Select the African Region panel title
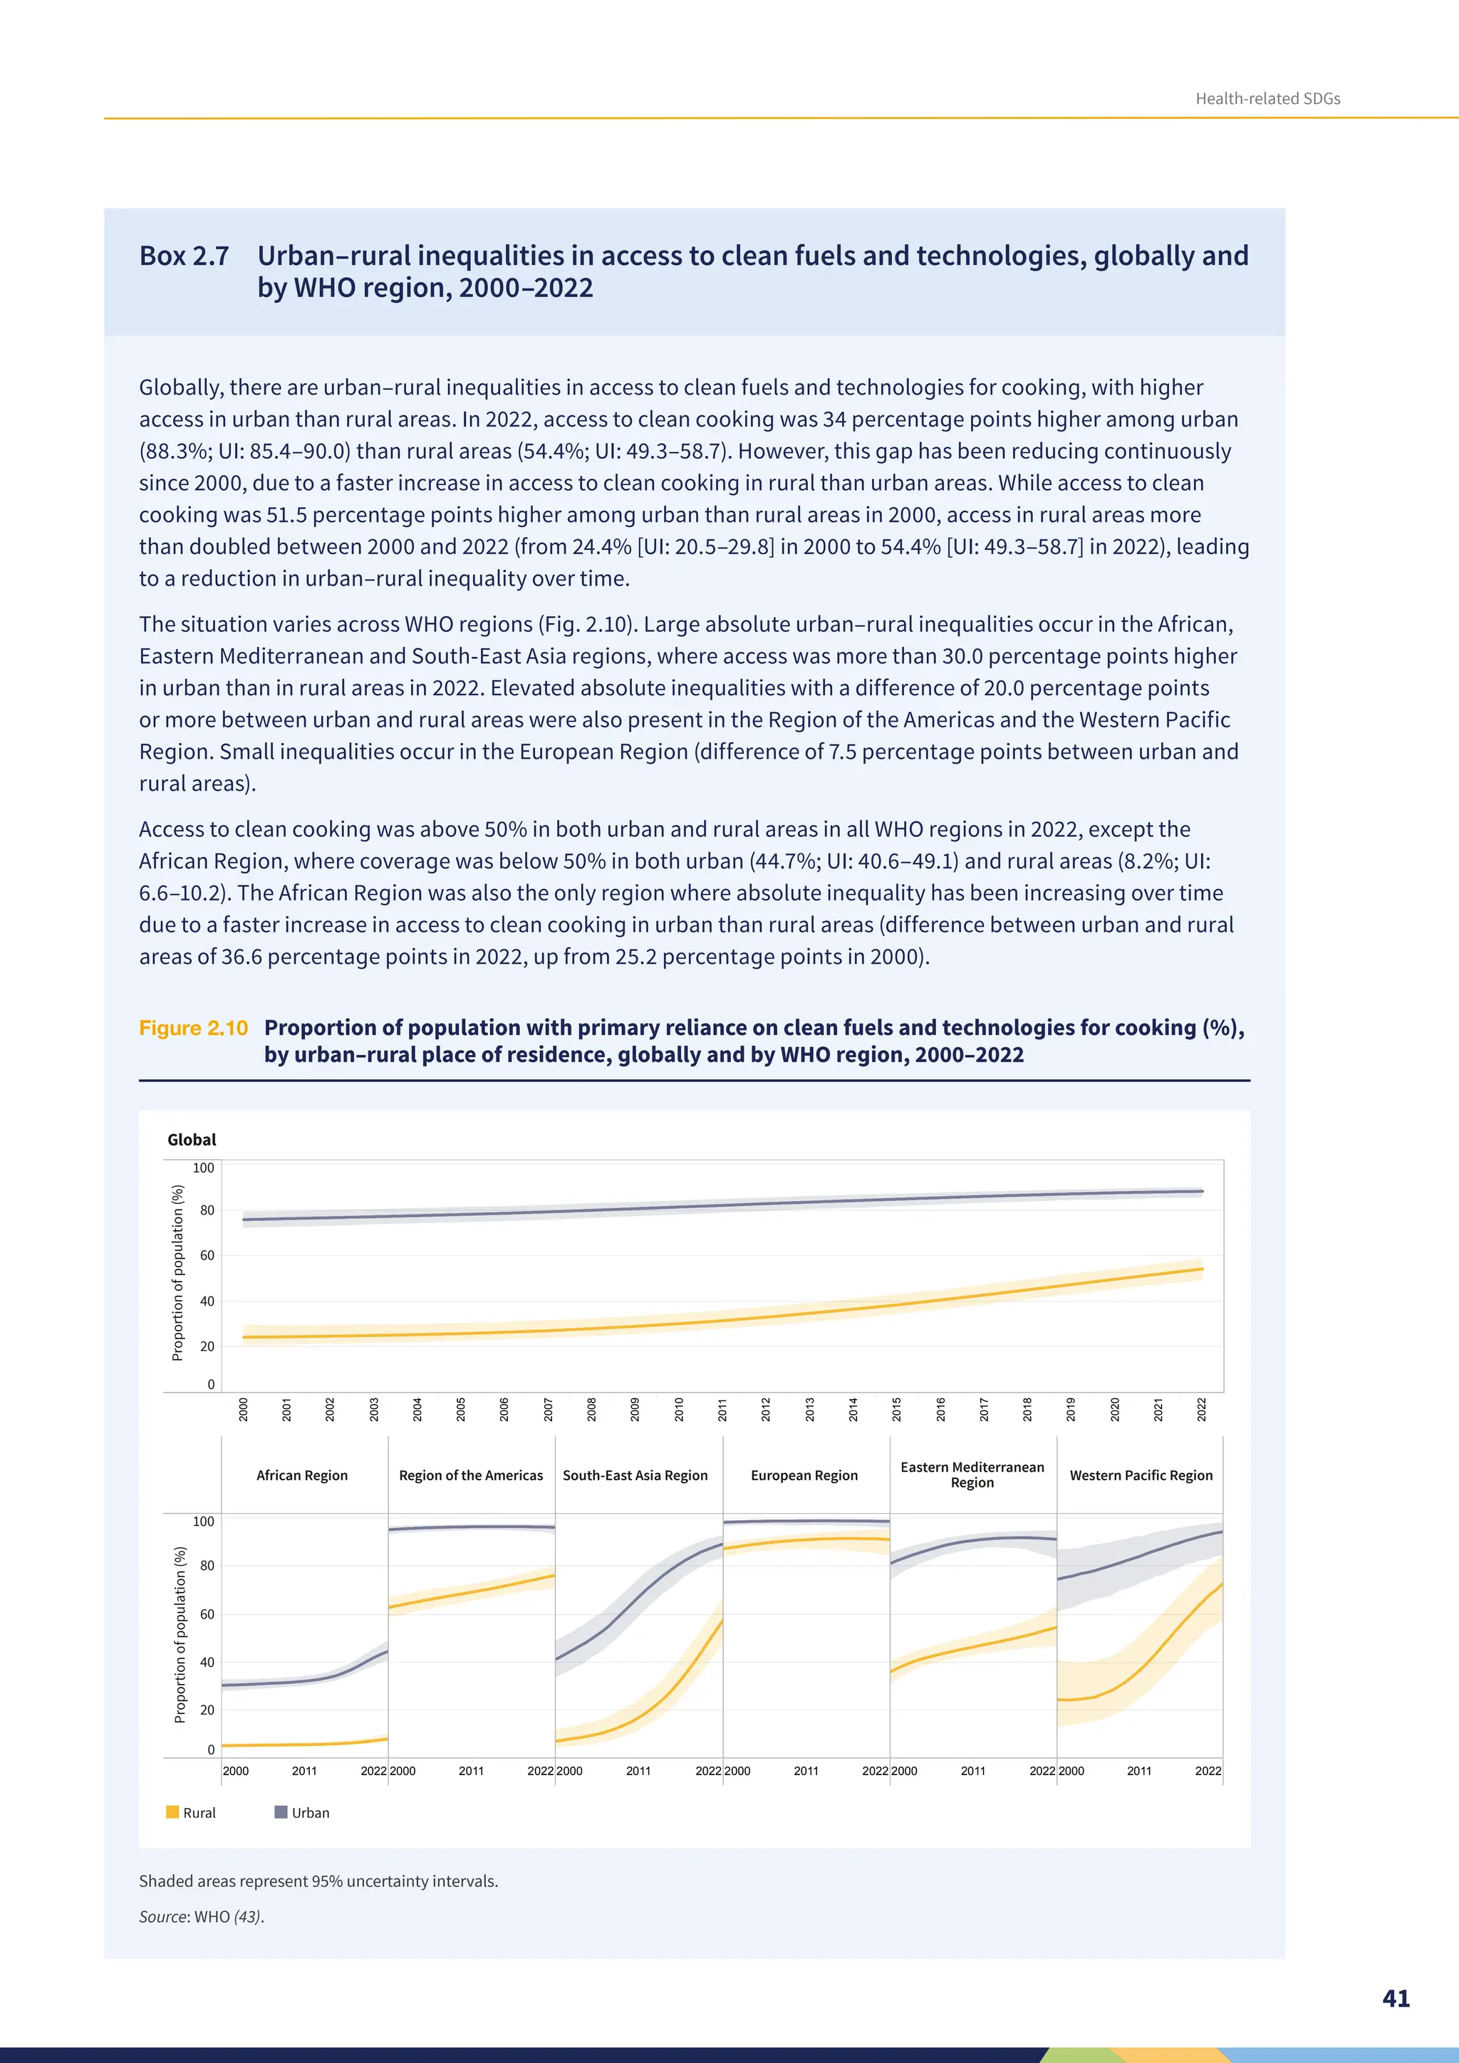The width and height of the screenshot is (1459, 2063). click(302, 1475)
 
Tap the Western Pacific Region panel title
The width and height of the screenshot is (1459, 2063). click(1141, 1475)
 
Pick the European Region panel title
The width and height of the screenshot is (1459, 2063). click(804, 1475)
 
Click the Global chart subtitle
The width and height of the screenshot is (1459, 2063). click(192, 1139)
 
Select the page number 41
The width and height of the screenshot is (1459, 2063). click(1395, 1998)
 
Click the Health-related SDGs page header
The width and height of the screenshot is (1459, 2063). click(1267, 99)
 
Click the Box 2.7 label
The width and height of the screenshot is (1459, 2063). click(185, 256)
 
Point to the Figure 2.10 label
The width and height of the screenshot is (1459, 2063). click(193, 1028)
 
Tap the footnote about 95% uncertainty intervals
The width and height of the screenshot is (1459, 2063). click(318, 1881)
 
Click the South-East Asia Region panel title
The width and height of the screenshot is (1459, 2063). click(635, 1475)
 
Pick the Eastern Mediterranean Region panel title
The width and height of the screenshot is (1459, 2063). click(972, 1475)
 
